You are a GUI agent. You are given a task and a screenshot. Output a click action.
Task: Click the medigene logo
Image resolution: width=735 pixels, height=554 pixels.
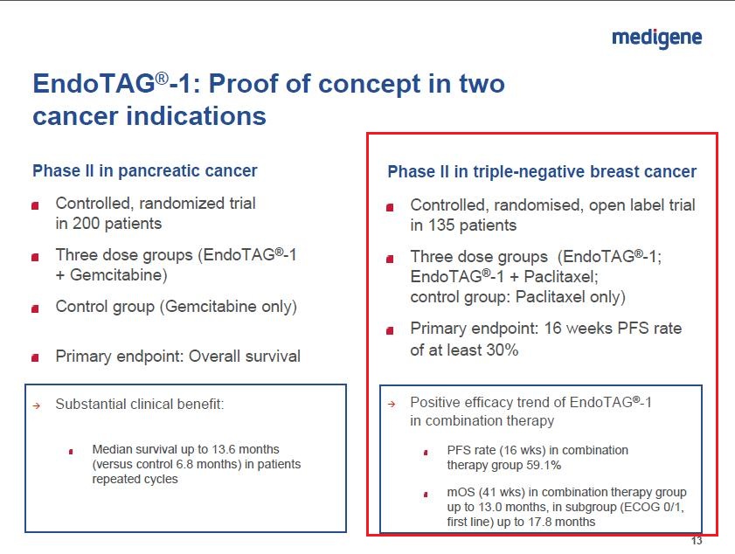tap(656, 38)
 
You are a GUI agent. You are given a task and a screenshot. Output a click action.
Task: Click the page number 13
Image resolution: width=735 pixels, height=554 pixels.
tap(697, 541)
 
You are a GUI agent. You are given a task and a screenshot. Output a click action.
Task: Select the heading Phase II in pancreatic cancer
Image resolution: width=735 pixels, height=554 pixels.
tap(145, 170)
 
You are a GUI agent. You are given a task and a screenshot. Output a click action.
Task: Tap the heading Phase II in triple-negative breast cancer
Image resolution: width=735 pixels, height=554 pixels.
tap(542, 171)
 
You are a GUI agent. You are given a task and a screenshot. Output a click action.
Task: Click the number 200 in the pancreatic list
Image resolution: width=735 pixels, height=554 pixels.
tap(86, 223)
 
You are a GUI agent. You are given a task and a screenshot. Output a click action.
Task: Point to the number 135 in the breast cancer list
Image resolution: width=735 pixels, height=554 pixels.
tap(441, 225)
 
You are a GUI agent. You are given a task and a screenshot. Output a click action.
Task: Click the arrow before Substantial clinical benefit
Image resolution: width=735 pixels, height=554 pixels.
tap(37, 405)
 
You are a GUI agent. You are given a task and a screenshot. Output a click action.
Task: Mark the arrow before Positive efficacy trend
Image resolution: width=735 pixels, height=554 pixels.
tap(392, 404)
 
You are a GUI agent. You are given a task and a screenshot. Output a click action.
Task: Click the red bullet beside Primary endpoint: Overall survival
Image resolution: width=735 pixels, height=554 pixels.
tap(35, 358)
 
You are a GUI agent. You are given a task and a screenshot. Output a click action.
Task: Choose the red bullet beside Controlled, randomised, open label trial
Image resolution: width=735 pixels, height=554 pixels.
tap(390, 207)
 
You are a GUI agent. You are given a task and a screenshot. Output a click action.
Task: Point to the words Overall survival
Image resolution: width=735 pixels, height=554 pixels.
tap(244, 357)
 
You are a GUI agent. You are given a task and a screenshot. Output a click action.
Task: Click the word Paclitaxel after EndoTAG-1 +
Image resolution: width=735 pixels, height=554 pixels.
tap(559, 276)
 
